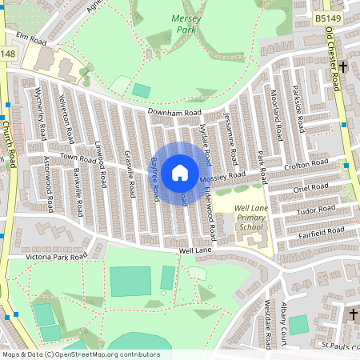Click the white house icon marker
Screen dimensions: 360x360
point(180,172)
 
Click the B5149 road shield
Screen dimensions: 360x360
point(328,17)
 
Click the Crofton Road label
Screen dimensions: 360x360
point(307,164)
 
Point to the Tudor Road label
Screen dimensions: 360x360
point(314,210)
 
